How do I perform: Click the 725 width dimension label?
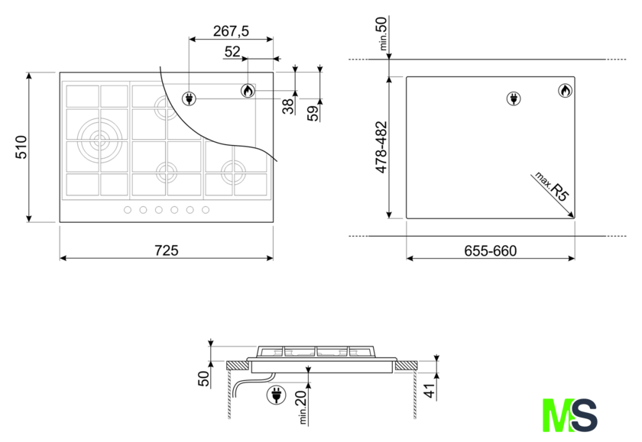(167, 250)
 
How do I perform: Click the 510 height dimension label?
(21, 147)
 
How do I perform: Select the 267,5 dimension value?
(231, 31)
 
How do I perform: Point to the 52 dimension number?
(232, 52)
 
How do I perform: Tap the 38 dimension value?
(289, 106)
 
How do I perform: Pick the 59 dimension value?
(313, 113)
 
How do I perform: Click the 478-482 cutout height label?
(381, 147)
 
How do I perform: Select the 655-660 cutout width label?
(491, 250)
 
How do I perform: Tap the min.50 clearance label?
(382, 34)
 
